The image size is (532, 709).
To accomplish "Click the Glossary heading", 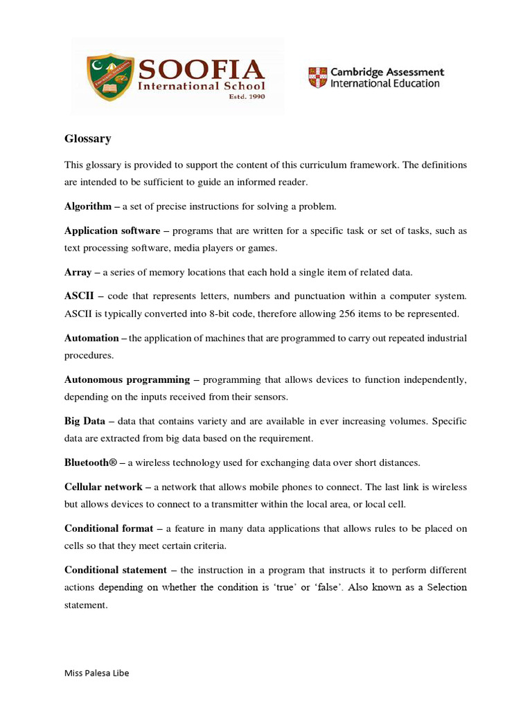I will pyautogui.click(x=88, y=138).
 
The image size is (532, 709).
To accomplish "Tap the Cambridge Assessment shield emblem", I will pyautogui.click(x=318, y=77).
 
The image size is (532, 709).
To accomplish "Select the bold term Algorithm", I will pyautogui.click(x=88, y=206).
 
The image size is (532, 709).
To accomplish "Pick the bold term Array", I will pyautogui.click(x=78, y=272).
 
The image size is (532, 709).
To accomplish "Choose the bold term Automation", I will pyautogui.click(x=91, y=338).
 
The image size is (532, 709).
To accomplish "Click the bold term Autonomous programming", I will pyautogui.click(x=127, y=379).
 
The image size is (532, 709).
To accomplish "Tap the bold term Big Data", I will pyautogui.click(x=85, y=421).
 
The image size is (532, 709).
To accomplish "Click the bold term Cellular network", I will pyautogui.click(x=103, y=487).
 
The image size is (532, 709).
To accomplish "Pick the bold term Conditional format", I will pyautogui.click(x=109, y=528).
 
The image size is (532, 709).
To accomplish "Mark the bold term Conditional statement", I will pyautogui.click(x=116, y=570).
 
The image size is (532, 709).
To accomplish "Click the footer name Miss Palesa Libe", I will pyautogui.click(x=96, y=673).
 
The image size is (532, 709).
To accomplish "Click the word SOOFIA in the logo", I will pyautogui.click(x=202, y=70).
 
